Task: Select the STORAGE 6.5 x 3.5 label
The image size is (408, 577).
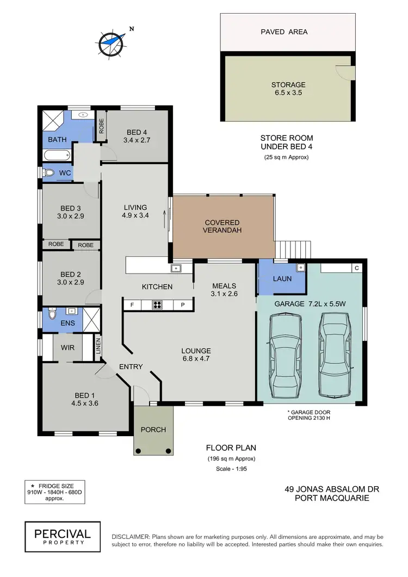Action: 288,89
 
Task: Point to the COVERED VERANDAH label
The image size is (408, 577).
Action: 222,226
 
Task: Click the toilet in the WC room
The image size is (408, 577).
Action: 50,173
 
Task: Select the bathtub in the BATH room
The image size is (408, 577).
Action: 57,156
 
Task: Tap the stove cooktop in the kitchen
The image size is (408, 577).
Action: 158,305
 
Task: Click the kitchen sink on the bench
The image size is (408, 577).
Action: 176,268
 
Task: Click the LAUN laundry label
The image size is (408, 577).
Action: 282,278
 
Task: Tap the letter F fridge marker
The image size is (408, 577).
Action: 132,305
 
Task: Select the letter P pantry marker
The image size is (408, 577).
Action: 183,305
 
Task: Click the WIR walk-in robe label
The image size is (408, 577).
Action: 67,347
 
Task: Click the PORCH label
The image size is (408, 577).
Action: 153,430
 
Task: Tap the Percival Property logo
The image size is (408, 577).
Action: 62,533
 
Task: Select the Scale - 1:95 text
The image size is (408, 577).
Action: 231,469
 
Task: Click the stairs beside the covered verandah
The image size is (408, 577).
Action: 294,250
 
